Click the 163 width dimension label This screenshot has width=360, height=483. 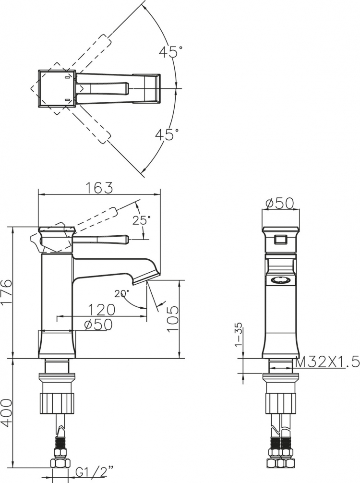[99, 188]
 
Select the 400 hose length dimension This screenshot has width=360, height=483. [6, 413]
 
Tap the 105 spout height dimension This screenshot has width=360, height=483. [172, 318]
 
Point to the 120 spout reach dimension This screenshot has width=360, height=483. [101, 310]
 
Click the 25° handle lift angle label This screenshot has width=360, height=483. [142, 220]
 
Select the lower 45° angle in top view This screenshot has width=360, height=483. [167, 134]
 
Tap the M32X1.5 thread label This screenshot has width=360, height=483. [327, 362]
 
